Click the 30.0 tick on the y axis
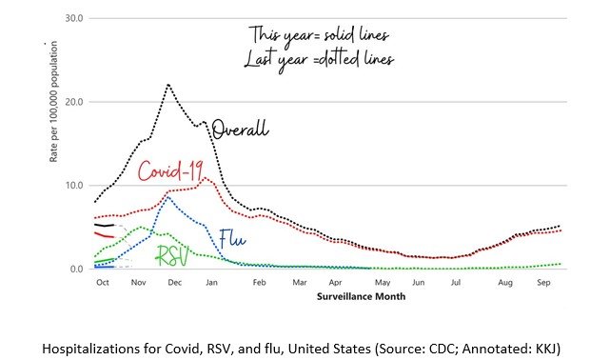coord(74,18)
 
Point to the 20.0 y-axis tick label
coord(74,102)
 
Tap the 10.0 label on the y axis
coord(74,186)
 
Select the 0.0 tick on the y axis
coord(76,269)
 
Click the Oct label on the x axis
coord(103,283)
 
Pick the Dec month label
coord(174,283)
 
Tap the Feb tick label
coord(259,283)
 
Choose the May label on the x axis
coord(383,283)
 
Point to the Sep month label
coord(543,283)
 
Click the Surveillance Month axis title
coord(362,296)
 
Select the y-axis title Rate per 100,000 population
coord(53,102)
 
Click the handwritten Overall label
coord(240,130)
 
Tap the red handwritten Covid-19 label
coord(171,170)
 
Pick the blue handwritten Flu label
coord(232,238)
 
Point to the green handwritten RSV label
coord(172,255)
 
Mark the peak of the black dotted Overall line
coord(168,85)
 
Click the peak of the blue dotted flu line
coord(168,197)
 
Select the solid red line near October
coord(104,235)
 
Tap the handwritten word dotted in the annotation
coord(338,59)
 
